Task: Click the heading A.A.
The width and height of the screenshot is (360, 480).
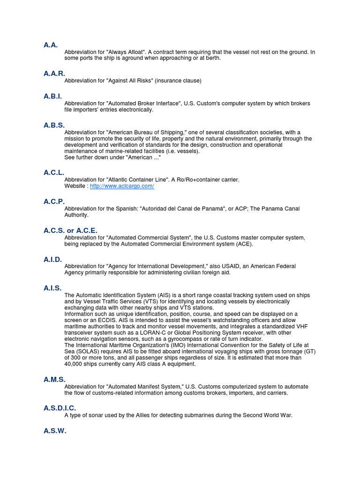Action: (x=51, y=45)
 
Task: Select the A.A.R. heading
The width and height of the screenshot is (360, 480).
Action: (x=54, y=74)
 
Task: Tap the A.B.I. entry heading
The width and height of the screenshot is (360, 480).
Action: (x=53, y=96)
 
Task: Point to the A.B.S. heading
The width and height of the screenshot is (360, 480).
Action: (x=54, y=125)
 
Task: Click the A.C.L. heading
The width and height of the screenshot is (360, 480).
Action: (x=54, y=172)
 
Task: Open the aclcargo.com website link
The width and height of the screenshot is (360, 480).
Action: (x=122, y=186)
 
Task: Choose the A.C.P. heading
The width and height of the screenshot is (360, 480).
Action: (x=54, y=202)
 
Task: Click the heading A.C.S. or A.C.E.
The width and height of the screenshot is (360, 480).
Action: (x=70, y=230)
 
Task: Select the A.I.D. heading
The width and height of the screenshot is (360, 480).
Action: (x=53, y=259)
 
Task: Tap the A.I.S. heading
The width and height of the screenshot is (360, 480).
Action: (x=52, y=288)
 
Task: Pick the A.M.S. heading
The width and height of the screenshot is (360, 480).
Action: (x=54, y=379)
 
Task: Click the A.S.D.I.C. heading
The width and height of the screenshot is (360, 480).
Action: (x=60, y=408)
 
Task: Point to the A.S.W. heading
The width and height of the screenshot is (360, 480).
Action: (x=55, y=430)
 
